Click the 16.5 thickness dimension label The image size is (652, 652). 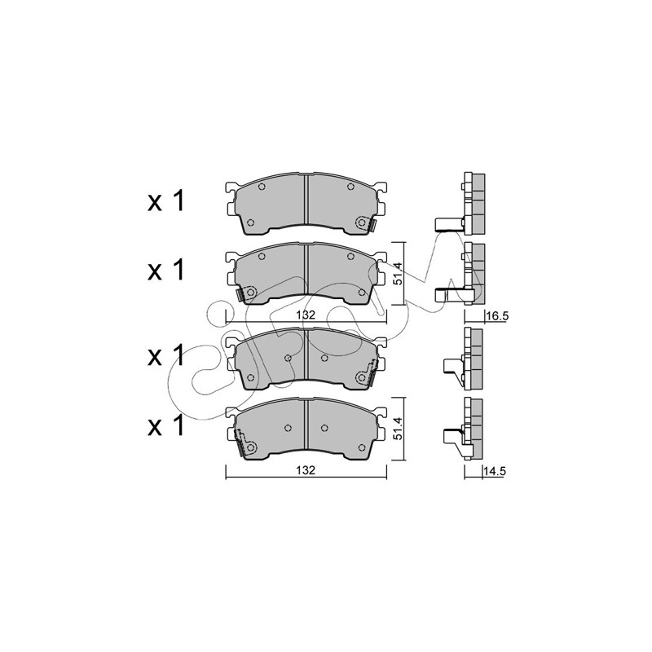pyautogui.click(x=497, y=316)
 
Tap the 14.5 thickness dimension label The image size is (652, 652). pyautogui.click(x=494, y=471)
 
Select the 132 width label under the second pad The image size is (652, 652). pyautogui.click(x=306, y=315)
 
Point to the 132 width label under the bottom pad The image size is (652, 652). pyautogui.click(x=306, y=470)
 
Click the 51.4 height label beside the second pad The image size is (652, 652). pyautogui.click(x=398, y=273)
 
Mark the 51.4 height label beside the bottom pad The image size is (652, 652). pyautogui.click(x=398, y=429)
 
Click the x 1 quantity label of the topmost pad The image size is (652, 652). pyautogui.click(x=165, y=201)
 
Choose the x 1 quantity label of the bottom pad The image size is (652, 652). pyautogui.click(x=165, y=425)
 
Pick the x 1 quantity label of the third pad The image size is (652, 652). pyautogui.click(x=165, y=356)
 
